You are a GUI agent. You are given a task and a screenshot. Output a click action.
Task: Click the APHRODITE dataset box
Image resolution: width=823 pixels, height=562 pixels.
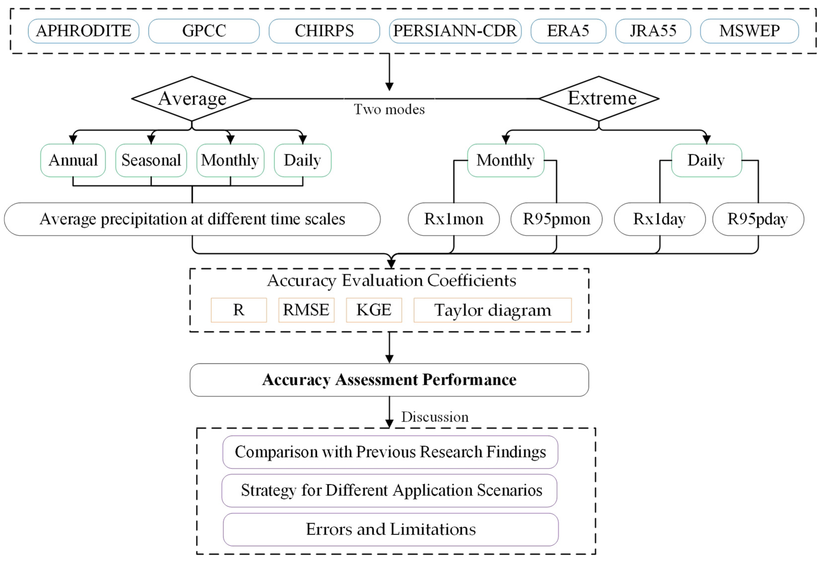[x=84, y=31]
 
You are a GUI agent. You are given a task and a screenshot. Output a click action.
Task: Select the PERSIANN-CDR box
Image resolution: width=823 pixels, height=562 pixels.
[x=455, y=31]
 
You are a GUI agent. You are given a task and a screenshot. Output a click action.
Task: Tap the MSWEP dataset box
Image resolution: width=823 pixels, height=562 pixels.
[x=749, y=31]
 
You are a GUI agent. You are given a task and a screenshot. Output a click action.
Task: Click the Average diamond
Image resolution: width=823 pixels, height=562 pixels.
[x=192, y=98]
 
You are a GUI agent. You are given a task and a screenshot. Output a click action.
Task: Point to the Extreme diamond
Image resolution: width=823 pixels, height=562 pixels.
[x=598, y=98]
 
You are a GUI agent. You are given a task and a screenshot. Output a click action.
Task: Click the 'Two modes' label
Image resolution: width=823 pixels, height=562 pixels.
[x=389, y=109]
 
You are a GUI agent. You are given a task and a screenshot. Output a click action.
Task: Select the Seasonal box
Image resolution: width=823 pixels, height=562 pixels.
[x=151, y=160]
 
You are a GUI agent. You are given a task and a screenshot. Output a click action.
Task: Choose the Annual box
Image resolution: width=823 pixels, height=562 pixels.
[x=73, y=160]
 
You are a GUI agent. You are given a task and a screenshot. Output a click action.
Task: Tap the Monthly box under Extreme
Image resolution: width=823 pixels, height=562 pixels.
[x=505, y=160]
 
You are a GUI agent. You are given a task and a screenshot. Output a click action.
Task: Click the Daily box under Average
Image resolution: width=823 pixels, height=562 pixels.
[x=302, y=160]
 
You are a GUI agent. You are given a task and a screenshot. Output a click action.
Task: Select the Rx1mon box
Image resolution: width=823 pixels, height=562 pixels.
[x=453, y=219]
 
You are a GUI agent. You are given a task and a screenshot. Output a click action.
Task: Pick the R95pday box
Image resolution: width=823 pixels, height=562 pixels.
[x=758, y=219]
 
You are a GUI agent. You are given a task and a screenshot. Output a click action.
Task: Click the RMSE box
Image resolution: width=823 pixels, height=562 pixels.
[x=306, y=310]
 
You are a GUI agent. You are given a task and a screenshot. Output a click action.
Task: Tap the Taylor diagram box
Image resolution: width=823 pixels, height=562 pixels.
[x=492, y=310]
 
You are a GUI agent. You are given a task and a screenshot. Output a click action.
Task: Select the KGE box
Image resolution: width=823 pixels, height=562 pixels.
[x=374, y=310]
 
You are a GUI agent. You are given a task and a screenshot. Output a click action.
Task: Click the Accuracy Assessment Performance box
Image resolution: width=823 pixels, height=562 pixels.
[x=389, y=380]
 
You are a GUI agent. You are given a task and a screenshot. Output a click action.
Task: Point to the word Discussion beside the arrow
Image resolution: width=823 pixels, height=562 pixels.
[x=434, y=417]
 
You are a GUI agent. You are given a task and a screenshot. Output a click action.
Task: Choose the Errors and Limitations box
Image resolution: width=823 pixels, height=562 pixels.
[x=390, y=529]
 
